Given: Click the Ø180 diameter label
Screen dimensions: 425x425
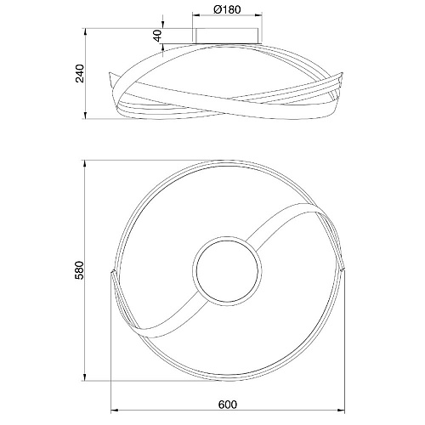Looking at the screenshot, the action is [227, 9].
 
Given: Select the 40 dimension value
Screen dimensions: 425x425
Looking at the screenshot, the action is [157, 36].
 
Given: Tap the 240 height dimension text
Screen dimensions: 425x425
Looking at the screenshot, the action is [80, 73].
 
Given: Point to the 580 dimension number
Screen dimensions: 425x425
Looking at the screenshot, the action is [80, 270].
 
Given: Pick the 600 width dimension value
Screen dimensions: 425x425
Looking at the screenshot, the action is [228, 405].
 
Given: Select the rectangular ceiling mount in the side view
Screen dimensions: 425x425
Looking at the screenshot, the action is [227, 36].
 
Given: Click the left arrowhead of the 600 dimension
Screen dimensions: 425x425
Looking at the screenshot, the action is [114, 410].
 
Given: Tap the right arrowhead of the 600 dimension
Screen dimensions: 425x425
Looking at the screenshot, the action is [341, 410].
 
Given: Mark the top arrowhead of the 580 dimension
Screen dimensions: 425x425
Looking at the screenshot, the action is [85, 164].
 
